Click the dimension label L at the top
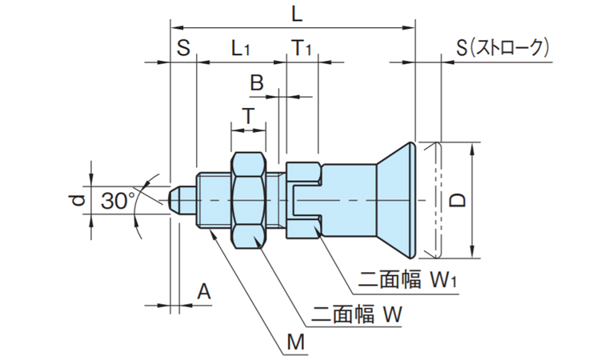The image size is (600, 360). click(x=297, y=14)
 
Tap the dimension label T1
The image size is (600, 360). click(x=302, y=49)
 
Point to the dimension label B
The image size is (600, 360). click(x=256, y=82)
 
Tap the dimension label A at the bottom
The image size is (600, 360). click(x=204, y=293)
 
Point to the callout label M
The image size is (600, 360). click(x=297, y=343)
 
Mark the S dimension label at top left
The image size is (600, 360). click(x=183, y=49)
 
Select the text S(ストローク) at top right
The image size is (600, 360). click(x=503, y=49)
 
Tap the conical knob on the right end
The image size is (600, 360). click(x=397, y=200)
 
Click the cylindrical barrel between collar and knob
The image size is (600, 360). click(x=348, y=200)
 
